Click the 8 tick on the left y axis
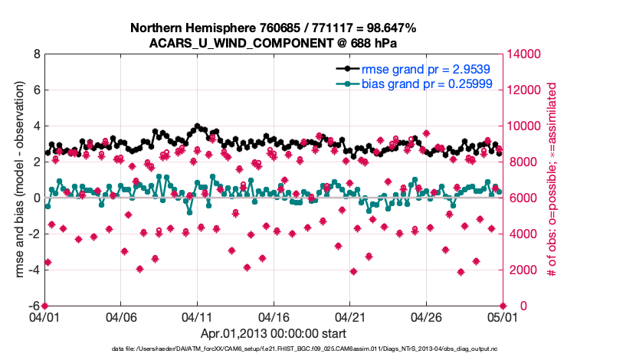[x=36, y=54]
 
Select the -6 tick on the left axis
[x=34, y=306]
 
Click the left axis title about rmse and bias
[x=17, y=180]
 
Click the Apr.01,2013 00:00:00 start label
[x=273, y=333]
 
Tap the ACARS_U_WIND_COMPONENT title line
[x=273, y=42]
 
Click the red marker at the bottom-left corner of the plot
[x=44, y=306]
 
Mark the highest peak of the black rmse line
[x=198, y=126]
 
